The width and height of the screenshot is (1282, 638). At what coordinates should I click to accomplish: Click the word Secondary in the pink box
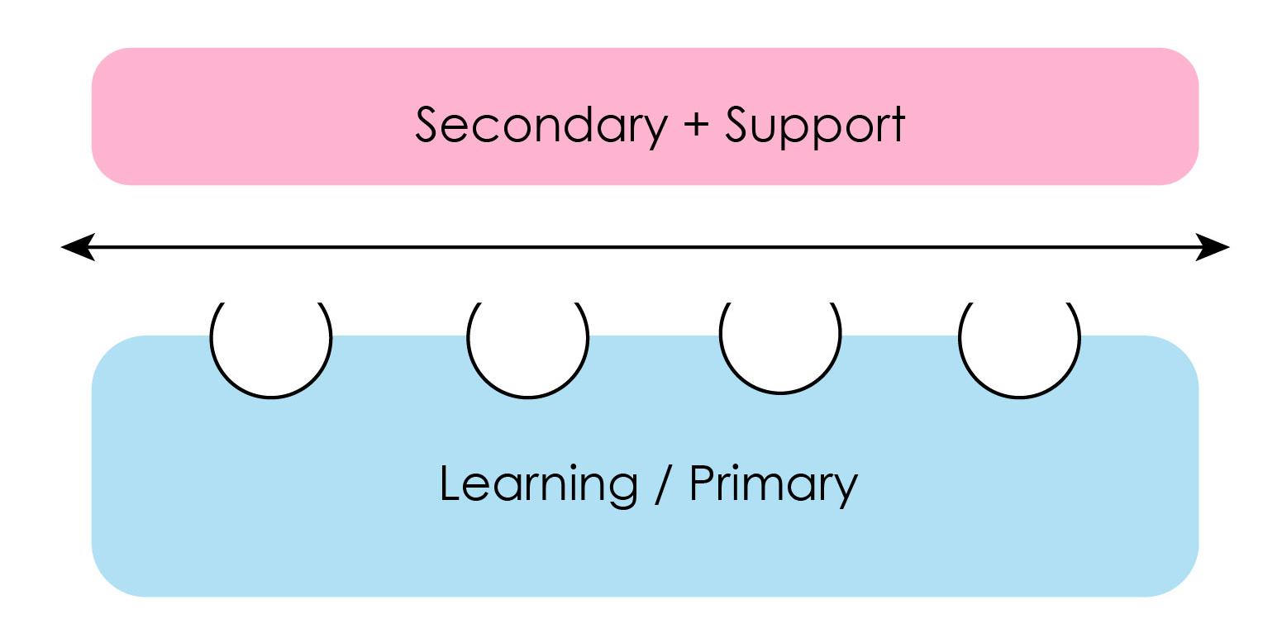541,126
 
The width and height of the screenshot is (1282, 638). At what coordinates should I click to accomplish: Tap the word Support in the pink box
815,126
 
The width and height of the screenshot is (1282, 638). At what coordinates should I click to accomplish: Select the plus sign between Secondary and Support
697,126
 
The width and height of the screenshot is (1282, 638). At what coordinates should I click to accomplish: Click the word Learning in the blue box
538,484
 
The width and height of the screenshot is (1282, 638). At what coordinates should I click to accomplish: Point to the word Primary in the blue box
773,484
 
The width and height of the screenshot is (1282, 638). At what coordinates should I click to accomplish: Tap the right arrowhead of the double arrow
1213,246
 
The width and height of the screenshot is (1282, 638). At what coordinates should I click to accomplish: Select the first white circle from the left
271,347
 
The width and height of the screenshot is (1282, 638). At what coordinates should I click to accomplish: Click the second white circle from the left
527,347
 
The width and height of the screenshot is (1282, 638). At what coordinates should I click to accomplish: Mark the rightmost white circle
1019,347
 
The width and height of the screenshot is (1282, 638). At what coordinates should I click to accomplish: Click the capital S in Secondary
427,126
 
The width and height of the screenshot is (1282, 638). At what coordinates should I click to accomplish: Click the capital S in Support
738,126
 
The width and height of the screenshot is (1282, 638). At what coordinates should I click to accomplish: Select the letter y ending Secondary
655,131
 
